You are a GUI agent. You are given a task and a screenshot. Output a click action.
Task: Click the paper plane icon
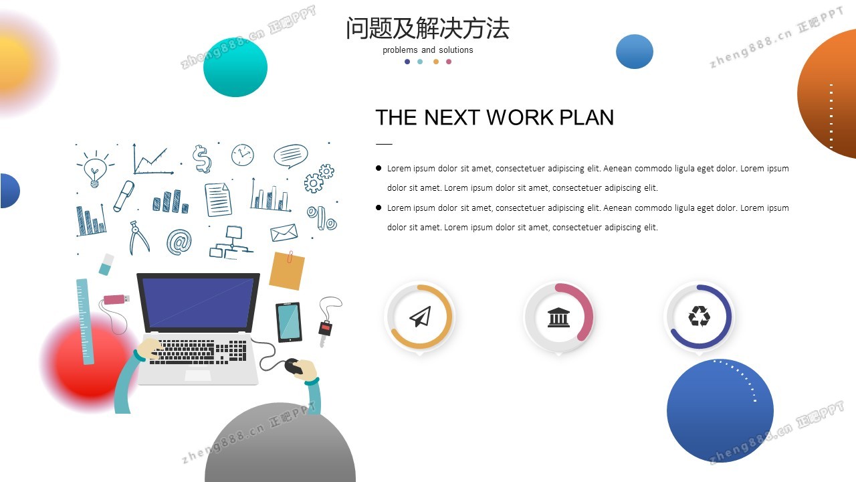coord(421,317)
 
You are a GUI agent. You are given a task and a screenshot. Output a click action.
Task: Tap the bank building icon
coord(558,317)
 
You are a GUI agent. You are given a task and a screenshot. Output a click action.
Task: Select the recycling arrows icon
coord(699,316)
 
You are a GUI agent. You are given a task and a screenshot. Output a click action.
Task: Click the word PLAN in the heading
coord(586,117)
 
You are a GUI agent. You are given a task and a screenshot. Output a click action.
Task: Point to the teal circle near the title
coord(235,68)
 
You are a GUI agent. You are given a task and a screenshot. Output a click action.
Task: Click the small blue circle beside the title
coord(635,52)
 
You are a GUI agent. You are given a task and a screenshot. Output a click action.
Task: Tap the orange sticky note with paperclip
coord(287,270)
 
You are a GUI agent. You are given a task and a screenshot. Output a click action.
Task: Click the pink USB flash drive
coord(116,299)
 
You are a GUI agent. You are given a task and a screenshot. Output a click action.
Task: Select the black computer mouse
coord(294,366)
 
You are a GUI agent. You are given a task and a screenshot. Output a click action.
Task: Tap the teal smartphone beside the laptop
coord(288,322)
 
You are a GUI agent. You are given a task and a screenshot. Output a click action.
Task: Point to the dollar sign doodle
coord(202,159)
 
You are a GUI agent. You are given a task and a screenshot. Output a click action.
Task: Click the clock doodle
coord(242,155)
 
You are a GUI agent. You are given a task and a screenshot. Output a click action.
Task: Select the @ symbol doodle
coord(179,242)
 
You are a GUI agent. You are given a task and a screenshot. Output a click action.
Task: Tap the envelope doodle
coord(284,232)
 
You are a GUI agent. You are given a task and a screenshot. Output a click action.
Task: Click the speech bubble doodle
coord(291,156)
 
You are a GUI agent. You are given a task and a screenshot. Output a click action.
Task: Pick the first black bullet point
coord(379,168)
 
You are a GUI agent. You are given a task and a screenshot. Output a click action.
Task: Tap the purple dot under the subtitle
coord(407,62)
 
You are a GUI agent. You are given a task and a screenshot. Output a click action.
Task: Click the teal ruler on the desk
coord(85,321)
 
